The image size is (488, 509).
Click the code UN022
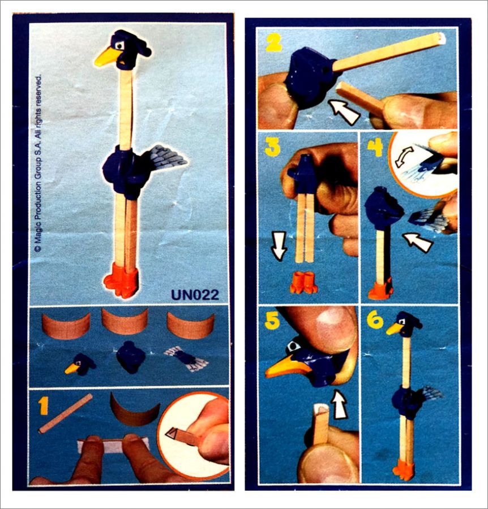click(195, 295)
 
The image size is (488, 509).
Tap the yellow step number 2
click(275, 42)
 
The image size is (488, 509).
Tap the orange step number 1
click(43, 406)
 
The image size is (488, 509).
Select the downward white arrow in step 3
click(279, 246)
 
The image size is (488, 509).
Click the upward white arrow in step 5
click(340, 404)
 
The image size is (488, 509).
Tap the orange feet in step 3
click(303, 283)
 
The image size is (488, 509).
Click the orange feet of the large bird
click(121, 281)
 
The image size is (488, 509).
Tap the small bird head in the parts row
click(80, 364)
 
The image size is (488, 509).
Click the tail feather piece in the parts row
click(185, 358)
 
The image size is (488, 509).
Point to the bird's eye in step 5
click(295, 346)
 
